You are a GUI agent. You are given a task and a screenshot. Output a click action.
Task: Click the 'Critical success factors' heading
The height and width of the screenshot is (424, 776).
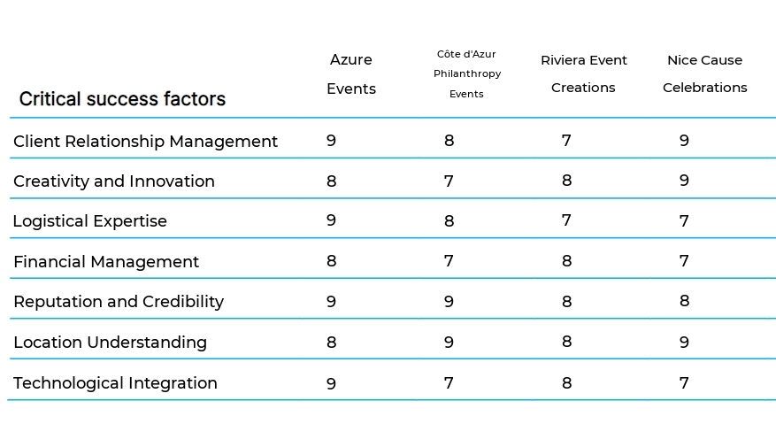[x=122, y=99]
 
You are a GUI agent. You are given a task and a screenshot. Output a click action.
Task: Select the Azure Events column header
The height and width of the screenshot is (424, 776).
[x=351, y=74]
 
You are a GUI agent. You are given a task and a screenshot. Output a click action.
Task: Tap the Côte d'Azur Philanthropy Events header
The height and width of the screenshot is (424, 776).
[x=466, y=74]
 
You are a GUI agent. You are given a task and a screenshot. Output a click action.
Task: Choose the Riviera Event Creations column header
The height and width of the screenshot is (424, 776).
[x=584, y=74]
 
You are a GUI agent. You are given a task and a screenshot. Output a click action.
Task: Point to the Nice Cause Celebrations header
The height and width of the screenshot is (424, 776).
[x=704, y=74]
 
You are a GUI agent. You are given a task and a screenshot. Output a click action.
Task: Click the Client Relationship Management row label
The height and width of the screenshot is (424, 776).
[x=145, y=142]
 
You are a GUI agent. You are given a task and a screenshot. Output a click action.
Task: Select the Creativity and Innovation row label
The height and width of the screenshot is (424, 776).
[x=114, y=181]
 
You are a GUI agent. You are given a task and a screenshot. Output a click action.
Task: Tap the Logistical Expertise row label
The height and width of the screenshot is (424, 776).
[x=89, y=221]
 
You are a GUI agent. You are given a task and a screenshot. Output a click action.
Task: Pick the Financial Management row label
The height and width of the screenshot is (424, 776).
[x=106, y=262]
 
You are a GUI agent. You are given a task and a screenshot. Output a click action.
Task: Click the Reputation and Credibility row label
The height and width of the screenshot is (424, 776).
[x=119, y=302]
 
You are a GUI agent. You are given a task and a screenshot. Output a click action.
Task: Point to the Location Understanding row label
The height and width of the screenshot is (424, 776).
[x=110, y=343]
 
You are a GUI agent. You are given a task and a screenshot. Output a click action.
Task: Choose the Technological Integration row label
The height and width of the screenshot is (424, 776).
[x=115, y=383]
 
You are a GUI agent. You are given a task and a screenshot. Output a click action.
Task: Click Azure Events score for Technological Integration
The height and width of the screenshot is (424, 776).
[x=331, y=383]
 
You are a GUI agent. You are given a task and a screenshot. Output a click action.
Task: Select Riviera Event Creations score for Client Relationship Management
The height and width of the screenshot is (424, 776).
[x=566, y=141]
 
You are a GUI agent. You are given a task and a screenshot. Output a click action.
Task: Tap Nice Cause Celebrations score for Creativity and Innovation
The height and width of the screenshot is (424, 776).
[x=684, y=181]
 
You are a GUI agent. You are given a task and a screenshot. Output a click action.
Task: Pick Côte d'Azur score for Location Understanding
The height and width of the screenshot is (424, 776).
[x=449, y=342]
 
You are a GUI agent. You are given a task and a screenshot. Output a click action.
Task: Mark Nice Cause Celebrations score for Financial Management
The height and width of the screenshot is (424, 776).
[x=684, y=261]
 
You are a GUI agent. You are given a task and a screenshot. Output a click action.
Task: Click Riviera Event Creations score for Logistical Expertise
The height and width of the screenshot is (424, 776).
[x=566, y=220]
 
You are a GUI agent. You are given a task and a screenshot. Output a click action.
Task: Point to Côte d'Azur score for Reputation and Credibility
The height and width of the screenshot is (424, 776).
[x=449, y=302]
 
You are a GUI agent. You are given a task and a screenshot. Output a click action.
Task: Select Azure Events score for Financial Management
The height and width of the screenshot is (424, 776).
[x=331, y=261]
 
